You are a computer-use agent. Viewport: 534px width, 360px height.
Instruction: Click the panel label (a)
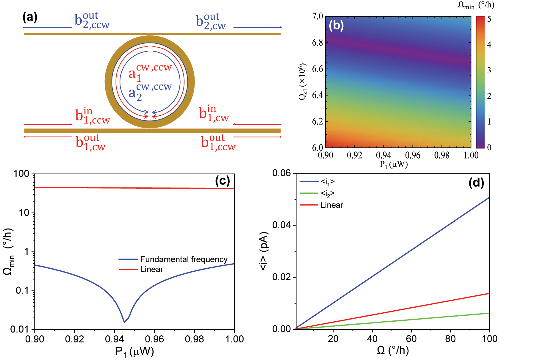(x=30, y=17)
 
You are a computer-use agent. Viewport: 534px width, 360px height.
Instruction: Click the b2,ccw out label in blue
(x=92, y=20)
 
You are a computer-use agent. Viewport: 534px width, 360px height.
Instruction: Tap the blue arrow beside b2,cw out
(x=257, y=27)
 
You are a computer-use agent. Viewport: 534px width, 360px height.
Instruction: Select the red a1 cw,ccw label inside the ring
(x=150, y=72)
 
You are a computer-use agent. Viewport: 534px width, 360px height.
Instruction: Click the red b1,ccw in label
(x=93, y=116)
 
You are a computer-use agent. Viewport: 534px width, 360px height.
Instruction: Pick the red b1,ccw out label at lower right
(x=218, y=143)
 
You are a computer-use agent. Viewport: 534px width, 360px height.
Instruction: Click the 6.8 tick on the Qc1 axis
(x=317, y=43)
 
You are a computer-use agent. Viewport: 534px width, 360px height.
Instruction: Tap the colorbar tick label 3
(x=489, y=70)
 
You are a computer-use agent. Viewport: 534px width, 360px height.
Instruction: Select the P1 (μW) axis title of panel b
(x=394, y=165)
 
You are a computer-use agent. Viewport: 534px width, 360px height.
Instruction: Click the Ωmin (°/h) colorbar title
(x=476, y=5)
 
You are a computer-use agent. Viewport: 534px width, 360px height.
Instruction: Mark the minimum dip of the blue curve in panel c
(x=124, y=322)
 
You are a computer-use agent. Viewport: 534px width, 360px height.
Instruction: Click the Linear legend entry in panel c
(x=151, y=269)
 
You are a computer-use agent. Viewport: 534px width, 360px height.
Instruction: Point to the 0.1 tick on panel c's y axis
(x=23, y=291)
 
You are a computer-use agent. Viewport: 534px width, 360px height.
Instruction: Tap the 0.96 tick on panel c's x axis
(x=154, y=339)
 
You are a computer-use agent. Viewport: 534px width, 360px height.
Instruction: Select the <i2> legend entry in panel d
(x=327, y=193)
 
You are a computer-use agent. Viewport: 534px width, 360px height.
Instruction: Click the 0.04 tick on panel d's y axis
(x=281, y=225)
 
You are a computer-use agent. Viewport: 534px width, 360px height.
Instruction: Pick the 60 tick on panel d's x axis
(x=411, y=339)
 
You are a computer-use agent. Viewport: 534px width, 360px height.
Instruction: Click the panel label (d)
(x=476, y=182)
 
